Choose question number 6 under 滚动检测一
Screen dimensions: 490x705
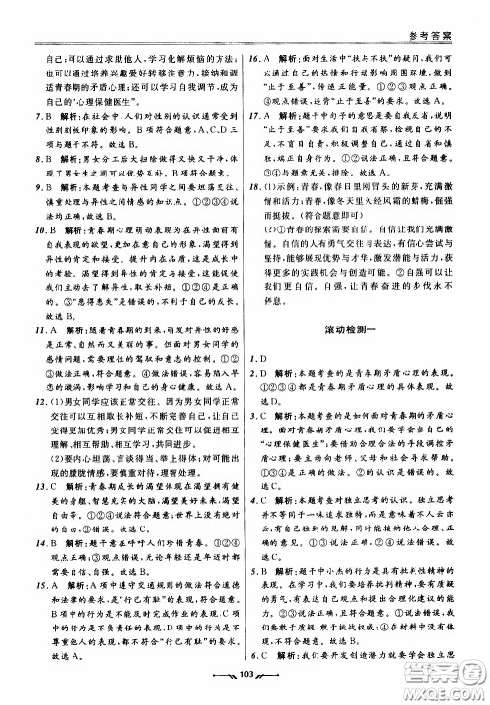[256, 657]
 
